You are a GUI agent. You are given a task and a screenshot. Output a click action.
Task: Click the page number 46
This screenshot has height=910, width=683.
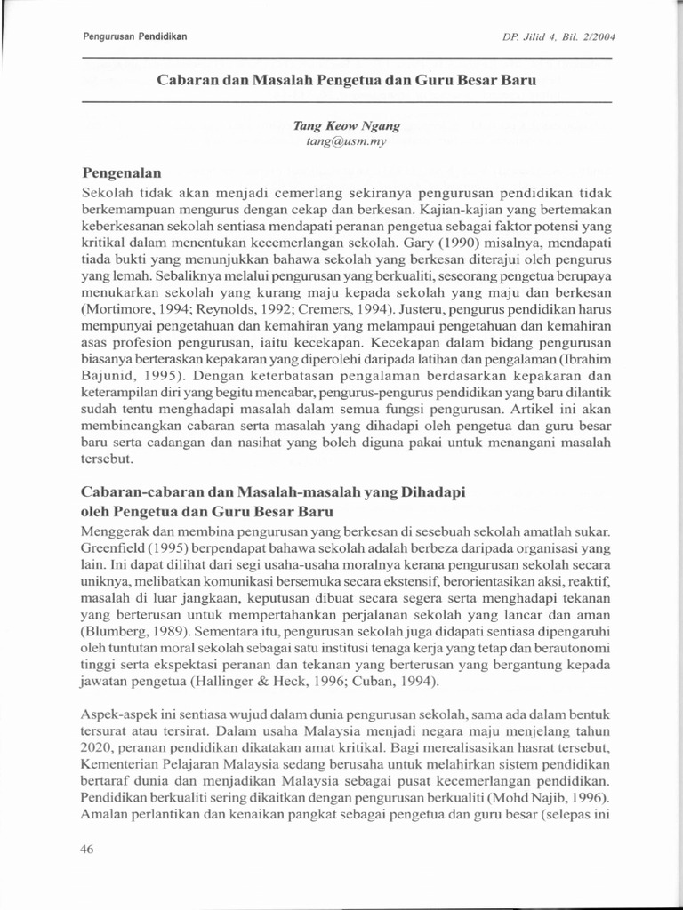(x=87, y=849)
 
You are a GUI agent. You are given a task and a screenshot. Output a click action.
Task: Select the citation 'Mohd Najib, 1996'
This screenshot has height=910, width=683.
(x=559, y=798)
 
